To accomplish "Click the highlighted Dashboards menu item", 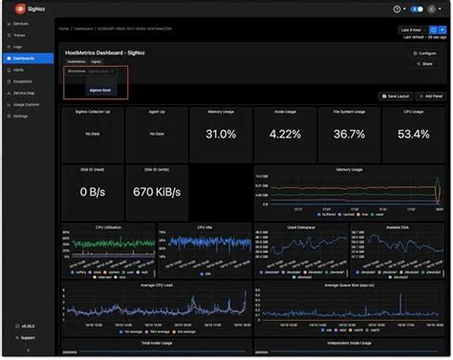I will [x=24, y=57].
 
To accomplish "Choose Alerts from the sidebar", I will [x=19, y=69].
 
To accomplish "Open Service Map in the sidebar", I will [x=24, y=92].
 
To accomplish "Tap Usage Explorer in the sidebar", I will [x=27, y=103].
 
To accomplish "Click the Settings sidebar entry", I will [x=21, y=115].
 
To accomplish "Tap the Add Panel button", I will [x=429, y=96].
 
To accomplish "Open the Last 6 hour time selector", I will [x=412, y=29].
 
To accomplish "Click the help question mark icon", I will [x=397, y=9].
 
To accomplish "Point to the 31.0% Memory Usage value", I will [x=220, y=135].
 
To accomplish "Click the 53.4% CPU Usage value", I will [x=413, y=135].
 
